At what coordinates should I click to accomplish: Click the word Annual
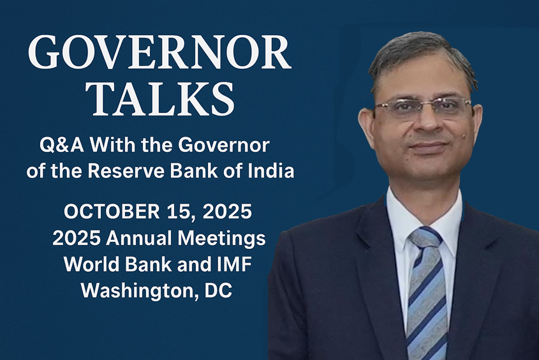pyautogui.click(x=134, y=238)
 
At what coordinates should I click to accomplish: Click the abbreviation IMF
pyautogui.click(x=230, y=264)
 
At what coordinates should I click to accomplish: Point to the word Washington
pyautogui.click(x=129, y=291)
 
